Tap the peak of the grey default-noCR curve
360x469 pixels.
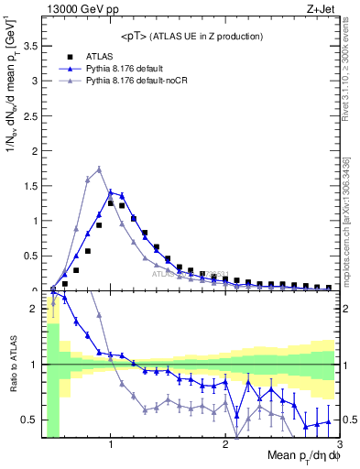tap(99, 169)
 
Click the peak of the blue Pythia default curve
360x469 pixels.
tap(111, 192)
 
